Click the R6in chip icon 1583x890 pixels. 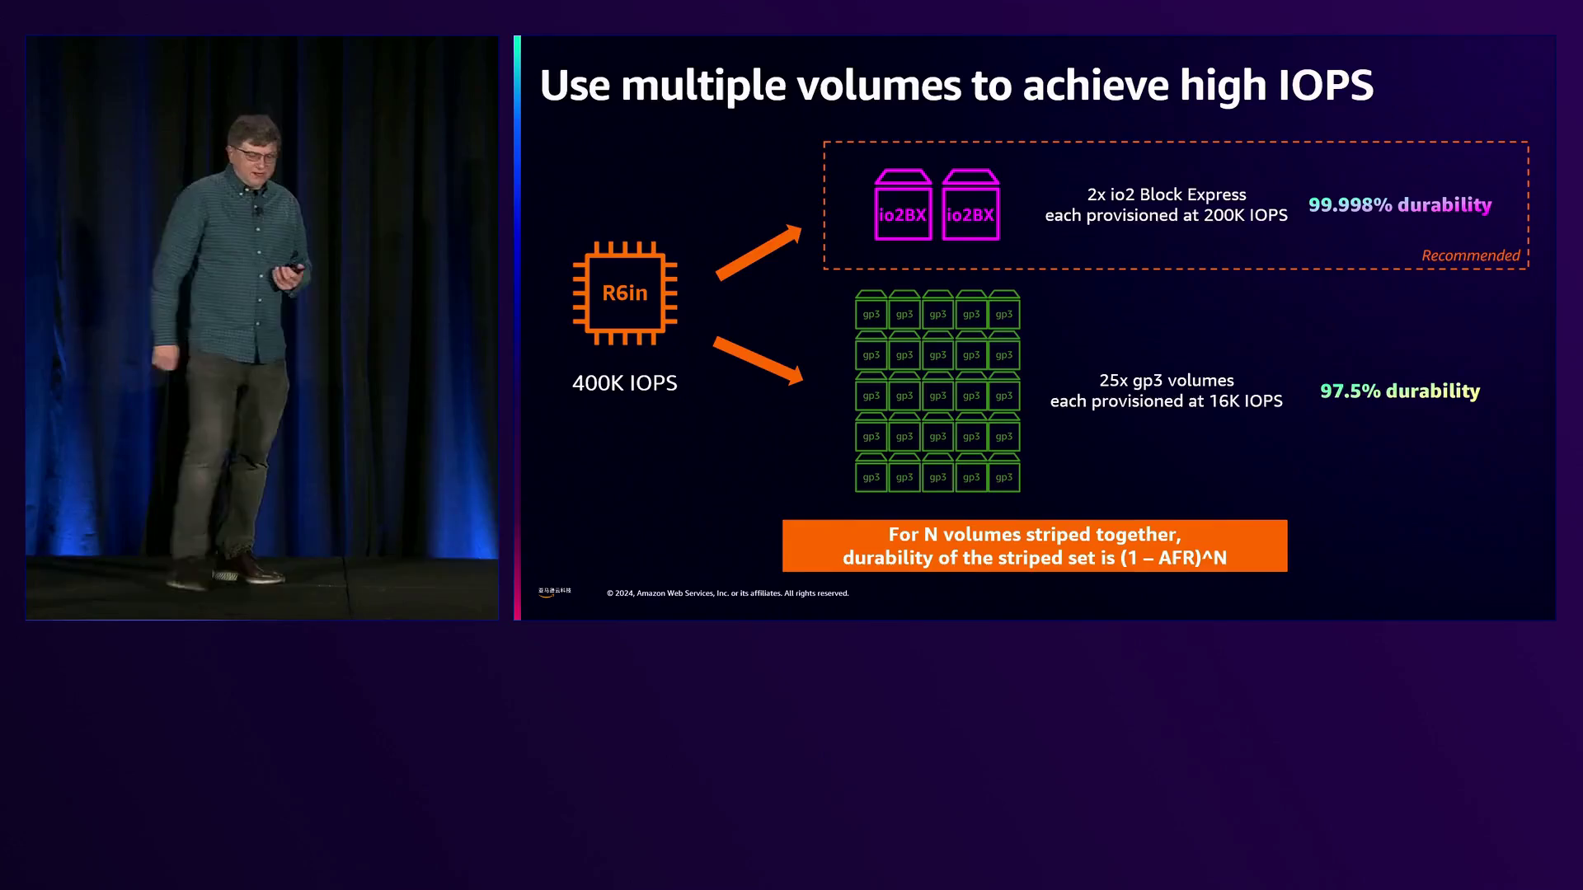pos(625,293)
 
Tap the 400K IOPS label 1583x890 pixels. pos(625,383)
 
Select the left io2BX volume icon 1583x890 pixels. pos(903,205)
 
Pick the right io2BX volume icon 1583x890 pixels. pos(970,205)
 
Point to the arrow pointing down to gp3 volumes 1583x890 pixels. pos(758,360)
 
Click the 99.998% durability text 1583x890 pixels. pos(1400,205)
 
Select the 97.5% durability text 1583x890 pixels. pos(1400,391)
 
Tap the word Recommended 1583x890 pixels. pos(1470,255)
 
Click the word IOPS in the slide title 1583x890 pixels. pos(1326,85)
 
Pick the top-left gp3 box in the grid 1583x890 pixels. pos(871,310)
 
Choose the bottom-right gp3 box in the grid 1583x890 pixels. pos(1004,473)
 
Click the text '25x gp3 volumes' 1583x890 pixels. pos(1167,381)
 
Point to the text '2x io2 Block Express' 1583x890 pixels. pos(1167,194)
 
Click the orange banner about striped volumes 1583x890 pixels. pos(1035,546)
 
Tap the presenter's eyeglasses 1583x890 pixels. pos(256,153)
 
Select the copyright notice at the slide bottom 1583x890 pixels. pos(728,593)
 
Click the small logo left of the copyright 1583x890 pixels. pos(555,592)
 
